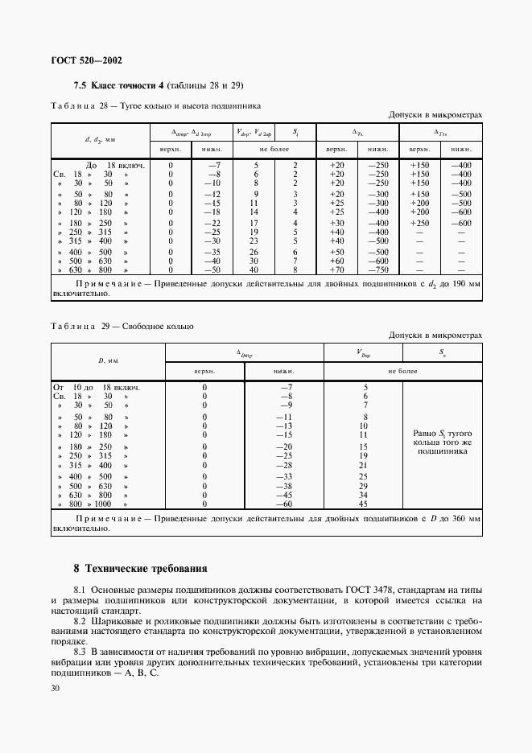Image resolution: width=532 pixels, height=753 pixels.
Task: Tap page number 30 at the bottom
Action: tap(56, 689)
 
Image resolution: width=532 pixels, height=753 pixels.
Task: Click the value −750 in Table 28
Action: tap(377, 271)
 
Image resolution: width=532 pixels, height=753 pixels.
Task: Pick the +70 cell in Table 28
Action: tap(336, 271)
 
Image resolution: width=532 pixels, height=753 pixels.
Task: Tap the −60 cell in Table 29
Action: tap(283, 504)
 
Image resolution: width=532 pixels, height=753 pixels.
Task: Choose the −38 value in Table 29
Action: tap(283, 486)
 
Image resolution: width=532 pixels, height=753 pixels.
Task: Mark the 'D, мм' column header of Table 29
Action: tap(108, 362)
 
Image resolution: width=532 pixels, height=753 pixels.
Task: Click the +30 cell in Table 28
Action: tap(336, 222)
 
